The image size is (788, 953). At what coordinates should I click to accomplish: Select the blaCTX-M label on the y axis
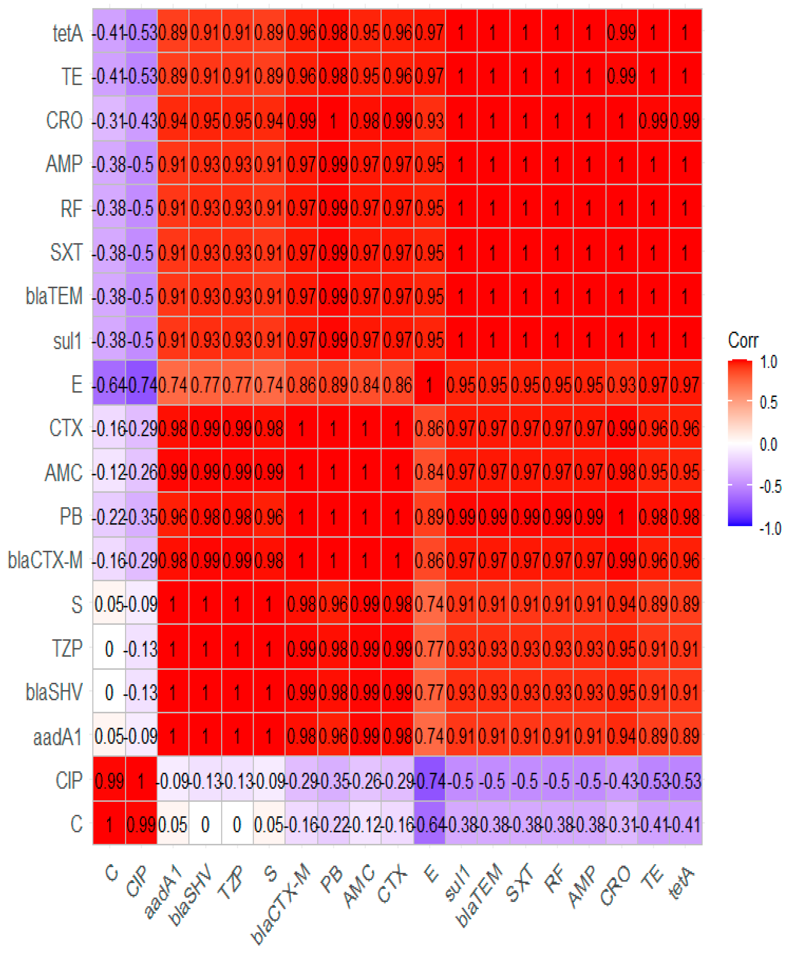click(x=45, y=561)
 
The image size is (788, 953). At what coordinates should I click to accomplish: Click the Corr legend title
click(x=743, y=340)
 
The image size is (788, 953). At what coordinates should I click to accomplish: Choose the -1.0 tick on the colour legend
click(x=770, y=529)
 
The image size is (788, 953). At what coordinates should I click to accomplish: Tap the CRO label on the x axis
click(x=615, y=885)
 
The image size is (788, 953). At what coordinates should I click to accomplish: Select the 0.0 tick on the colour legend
click(x=768, y=444)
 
